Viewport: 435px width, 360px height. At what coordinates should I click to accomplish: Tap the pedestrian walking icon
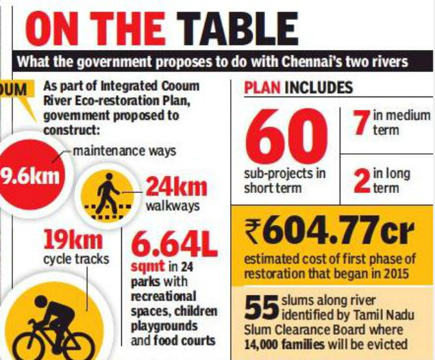click(106, 194)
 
